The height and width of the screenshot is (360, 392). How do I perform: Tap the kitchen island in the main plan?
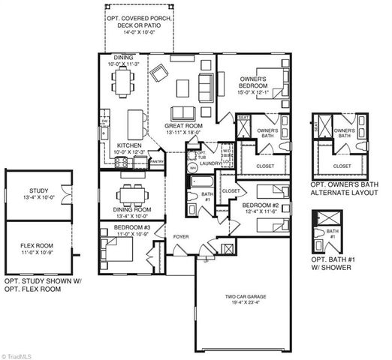[x=136, y=120]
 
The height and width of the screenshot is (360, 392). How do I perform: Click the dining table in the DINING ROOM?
[x=132, y=190]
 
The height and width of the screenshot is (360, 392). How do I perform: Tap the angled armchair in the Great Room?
[x=160, y=74]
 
